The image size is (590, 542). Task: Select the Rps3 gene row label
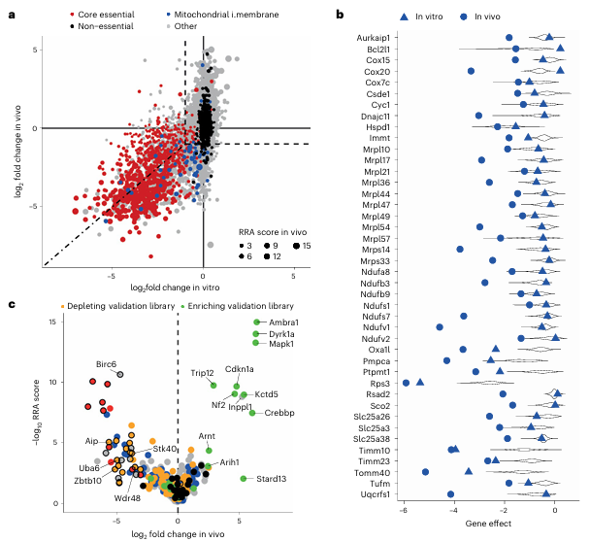[378, 382]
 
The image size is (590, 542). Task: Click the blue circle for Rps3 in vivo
[407, 383]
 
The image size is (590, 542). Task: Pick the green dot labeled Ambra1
[258, 323]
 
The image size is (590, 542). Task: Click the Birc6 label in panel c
[106, 363]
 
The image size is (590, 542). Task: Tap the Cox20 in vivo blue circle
[471, 71]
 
